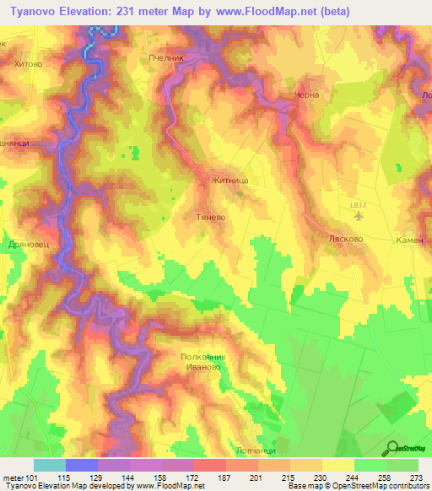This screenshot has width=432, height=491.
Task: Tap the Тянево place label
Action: tap(208, 216)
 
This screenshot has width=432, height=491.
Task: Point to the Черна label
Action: tap(306, 95)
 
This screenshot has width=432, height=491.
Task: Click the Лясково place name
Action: tap(345, 239)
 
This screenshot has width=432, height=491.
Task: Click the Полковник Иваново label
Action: tap(204, 362)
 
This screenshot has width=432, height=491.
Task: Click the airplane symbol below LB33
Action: tap(360, 216)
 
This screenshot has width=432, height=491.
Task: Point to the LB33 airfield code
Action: tap(359, 205)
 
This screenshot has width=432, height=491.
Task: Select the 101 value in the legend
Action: tap(35, 478)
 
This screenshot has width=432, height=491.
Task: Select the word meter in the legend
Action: tap(13, 478)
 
